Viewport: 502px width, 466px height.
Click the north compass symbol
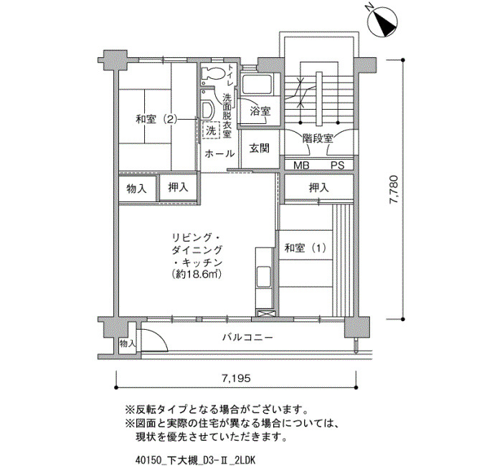pyautogui.click(x=383, y=23)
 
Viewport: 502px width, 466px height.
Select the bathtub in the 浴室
pyautogui.click(x=257, y=85)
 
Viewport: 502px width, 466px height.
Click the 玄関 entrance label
pyautogui.click(x=260, y=148)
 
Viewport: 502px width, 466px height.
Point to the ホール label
pyautogui.click(x=219, y=153)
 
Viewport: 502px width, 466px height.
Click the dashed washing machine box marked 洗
pyautogui.click(x=211, y=130)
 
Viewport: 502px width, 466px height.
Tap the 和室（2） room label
pyautogui.click(x=156, y=120)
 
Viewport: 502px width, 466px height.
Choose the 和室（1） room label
pyautogui.click(x=306, y=248)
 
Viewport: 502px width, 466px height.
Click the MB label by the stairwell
pyautogui.click(x=301, y=166)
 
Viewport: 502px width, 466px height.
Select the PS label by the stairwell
pyautogui.click(x=338, y=166)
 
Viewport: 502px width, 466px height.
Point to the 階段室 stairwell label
pyautogui.click(x=318, y=138)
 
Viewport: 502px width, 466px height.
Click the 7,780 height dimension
pyautogui.click(x=394, y=189)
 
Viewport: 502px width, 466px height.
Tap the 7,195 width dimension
pyautogui.click(x=236, y=379)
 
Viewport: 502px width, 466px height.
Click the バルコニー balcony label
pyautogui.click(x=247, y=338)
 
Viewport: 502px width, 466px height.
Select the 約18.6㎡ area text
pyautogui.click(x=196, y=275)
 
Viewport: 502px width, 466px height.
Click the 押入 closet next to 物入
pyautogui.click(x=179, y=188)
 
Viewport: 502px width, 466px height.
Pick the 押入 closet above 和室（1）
pyautogui.click(x=319, y=188)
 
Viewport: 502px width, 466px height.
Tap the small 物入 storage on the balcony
pyautogui.click(x=128, y=344)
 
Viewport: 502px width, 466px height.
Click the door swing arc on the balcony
pyautogui.click(x=158, y=336)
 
